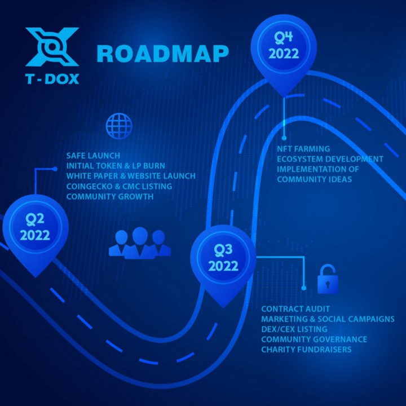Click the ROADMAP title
pos(162,54)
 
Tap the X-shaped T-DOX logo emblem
pos(52,47)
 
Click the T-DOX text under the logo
pos(52,79)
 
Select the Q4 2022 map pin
pos(284,52)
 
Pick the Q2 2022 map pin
pos(36,233)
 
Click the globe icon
pos(119,126)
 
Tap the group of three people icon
pos(140,243)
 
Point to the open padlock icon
pos(328,279)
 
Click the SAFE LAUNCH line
pos(93,156)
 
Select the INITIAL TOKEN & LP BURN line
pos(116,166)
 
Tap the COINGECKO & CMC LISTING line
pos(119,186)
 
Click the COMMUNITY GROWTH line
pos(110,197)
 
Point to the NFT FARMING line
pos(303,149)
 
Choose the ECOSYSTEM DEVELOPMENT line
pos(330,159)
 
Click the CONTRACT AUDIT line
pos(295,309)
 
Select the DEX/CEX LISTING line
pos(294,329)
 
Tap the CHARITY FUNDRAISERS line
pos(306,350)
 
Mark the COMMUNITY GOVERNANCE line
pos(314,339)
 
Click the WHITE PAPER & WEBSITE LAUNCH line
pos(131,176)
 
